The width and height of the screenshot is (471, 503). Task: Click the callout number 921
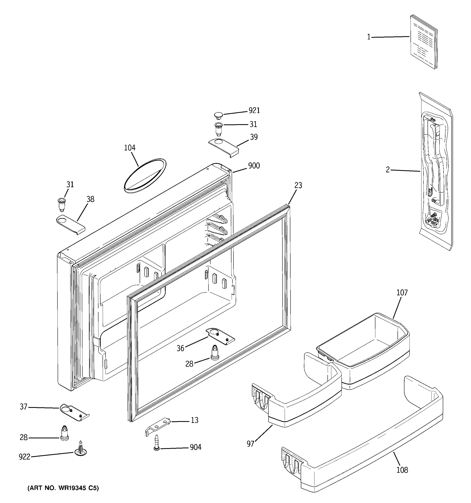254,111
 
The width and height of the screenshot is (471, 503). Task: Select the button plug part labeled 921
218,116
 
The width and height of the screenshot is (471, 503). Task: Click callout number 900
254,166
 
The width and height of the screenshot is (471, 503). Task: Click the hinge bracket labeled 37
74,412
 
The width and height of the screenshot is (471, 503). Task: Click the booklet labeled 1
423,42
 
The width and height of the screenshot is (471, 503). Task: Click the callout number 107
402,293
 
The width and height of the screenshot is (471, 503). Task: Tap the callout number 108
402,470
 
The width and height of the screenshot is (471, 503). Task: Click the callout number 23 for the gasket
298,185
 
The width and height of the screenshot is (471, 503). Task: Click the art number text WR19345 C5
63,488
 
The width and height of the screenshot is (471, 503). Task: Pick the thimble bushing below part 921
218,129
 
